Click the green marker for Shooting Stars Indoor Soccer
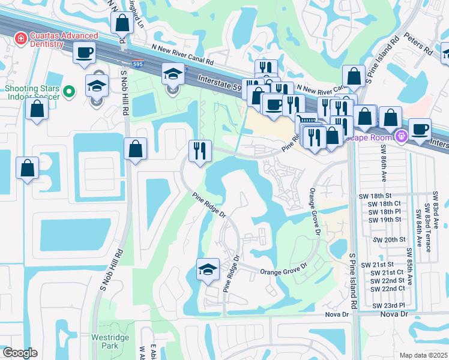click(69, 92)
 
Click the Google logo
click(19, 353)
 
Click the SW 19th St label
click(385, 220)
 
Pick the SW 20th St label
click(385, 239)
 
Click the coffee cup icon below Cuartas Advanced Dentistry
click(85, 52)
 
